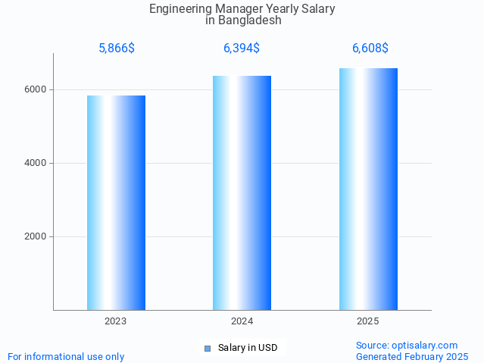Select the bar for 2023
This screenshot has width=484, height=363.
click(116, 202)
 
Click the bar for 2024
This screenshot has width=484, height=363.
click(242, 192)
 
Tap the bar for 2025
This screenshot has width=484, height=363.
click(368, 189)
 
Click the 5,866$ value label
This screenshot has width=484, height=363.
click(117, 49)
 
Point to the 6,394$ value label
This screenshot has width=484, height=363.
click(242, 49)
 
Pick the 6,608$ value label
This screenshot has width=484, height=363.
click(370, 49)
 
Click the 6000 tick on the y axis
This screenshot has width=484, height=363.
click(36, 89)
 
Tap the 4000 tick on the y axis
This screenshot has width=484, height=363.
click(36, 163)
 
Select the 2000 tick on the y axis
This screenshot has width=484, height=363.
click(36, 236)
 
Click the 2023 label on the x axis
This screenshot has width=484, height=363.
click(116, 321)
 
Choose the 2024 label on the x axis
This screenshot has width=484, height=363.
click(242, 321)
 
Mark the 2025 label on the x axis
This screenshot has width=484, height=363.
click(368, 321)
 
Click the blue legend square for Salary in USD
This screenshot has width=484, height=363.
click(208, 349)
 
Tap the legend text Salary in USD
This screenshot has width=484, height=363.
click(248, 349)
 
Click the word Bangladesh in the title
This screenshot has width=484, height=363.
click(249, 20)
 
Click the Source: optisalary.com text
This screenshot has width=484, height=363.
click(407, 346)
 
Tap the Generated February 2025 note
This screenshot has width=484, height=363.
click(412, 356)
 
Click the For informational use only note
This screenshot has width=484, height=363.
click(66, 356)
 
